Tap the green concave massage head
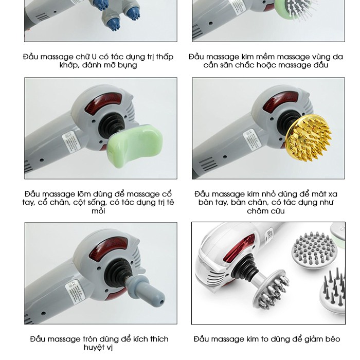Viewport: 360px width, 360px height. (135, 146)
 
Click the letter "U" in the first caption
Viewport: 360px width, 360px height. (94, 57)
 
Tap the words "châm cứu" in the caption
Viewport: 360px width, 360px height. (266, 211)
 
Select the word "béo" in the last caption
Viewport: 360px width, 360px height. (332, 339)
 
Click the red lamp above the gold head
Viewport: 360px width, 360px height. (281, 100)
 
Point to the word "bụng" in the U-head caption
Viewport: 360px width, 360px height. (127, 65)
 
